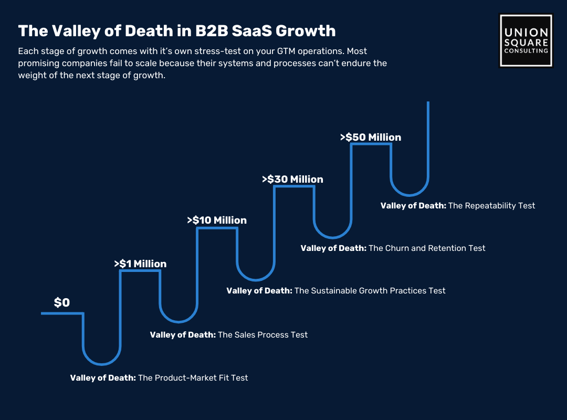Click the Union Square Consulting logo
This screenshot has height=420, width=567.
(x=526, y=40)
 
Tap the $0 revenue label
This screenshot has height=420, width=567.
(x=62, y=302)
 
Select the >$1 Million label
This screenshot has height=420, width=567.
(x=140, y=264)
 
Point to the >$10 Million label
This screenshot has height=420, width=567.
(x=217, y=220)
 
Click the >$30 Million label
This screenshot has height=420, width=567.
(x=292, y=179)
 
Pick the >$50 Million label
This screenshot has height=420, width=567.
(x=371, y=137)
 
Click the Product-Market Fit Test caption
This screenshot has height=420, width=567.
(x=159, y=377)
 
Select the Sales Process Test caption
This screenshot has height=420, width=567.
(x=229, y=334)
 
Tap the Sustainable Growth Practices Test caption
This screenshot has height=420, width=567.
(x=336, y=290)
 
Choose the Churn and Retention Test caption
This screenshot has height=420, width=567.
(x=393, y=248)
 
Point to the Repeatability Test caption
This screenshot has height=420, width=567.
(x=458, y=205)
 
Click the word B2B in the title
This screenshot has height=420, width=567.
(x=212, y=31)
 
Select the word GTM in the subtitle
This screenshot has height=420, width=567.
(x=286, y=51)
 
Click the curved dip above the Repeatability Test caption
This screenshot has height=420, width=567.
(x=409, y=195)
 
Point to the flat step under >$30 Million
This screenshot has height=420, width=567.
(x=294, y=186)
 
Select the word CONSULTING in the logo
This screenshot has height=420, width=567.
(x=526, y=51)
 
